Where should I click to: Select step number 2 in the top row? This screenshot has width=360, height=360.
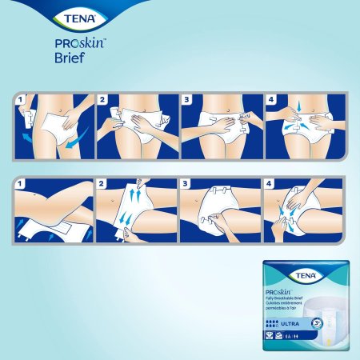pyautogui.click(x=103, y=101)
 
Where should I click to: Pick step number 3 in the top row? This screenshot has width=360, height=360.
pyautogui.click(x=186, y=101)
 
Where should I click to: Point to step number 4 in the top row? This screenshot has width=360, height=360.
pyautogui.click(x=269, y=101)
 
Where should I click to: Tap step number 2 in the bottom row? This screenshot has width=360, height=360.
pyautogui.click(x=103, y=184)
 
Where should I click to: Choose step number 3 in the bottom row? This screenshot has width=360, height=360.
pyautogui.click(x=186, y=184)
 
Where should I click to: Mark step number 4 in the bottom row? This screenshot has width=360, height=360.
pyautogui.click(x=269, y=184)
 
